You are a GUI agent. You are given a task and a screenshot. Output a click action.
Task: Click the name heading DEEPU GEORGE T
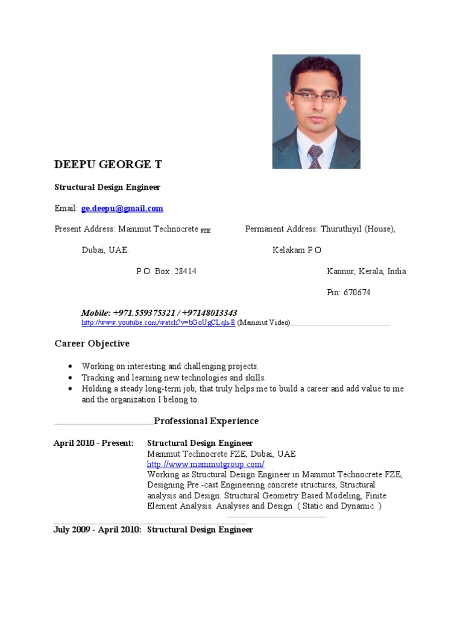(108, 164)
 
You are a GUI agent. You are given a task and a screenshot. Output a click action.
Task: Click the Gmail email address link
(122, 208)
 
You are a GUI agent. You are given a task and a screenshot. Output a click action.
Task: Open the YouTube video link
(158, 324)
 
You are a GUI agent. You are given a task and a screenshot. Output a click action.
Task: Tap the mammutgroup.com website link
(206, 464)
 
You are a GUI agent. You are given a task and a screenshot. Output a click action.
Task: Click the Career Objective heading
(92, 343)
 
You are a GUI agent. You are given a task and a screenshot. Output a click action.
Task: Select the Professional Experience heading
(206, 421)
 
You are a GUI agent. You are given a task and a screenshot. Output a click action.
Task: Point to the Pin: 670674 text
(348, 293)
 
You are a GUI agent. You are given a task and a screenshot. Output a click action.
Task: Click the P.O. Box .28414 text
(166, 271)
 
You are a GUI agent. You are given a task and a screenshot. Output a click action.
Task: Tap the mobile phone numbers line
(159, 313)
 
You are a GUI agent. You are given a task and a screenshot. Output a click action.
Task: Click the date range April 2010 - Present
(93, 443)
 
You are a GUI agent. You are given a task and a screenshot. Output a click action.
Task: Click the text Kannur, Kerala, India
(366, 271)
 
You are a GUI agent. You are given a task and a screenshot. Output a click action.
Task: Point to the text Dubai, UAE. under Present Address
(105, 250)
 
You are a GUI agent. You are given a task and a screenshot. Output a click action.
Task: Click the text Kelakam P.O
(297, 250)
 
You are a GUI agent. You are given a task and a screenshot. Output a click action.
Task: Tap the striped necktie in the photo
(315, 156)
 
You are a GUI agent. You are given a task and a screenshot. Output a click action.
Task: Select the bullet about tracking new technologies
(174, 378)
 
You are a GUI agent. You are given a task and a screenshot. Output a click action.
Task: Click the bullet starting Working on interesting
(170, 366)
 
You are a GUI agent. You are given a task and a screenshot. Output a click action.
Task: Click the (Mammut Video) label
(264, 324)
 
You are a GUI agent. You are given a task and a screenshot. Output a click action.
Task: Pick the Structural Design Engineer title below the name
(107, 187)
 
